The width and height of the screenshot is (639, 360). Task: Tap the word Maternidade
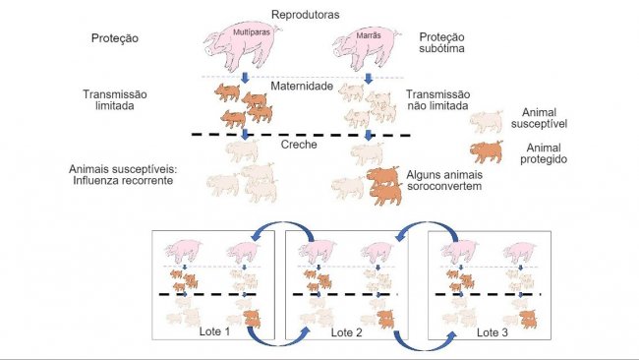tap(305, 87)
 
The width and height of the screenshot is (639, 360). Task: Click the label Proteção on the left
tap(114, 38)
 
